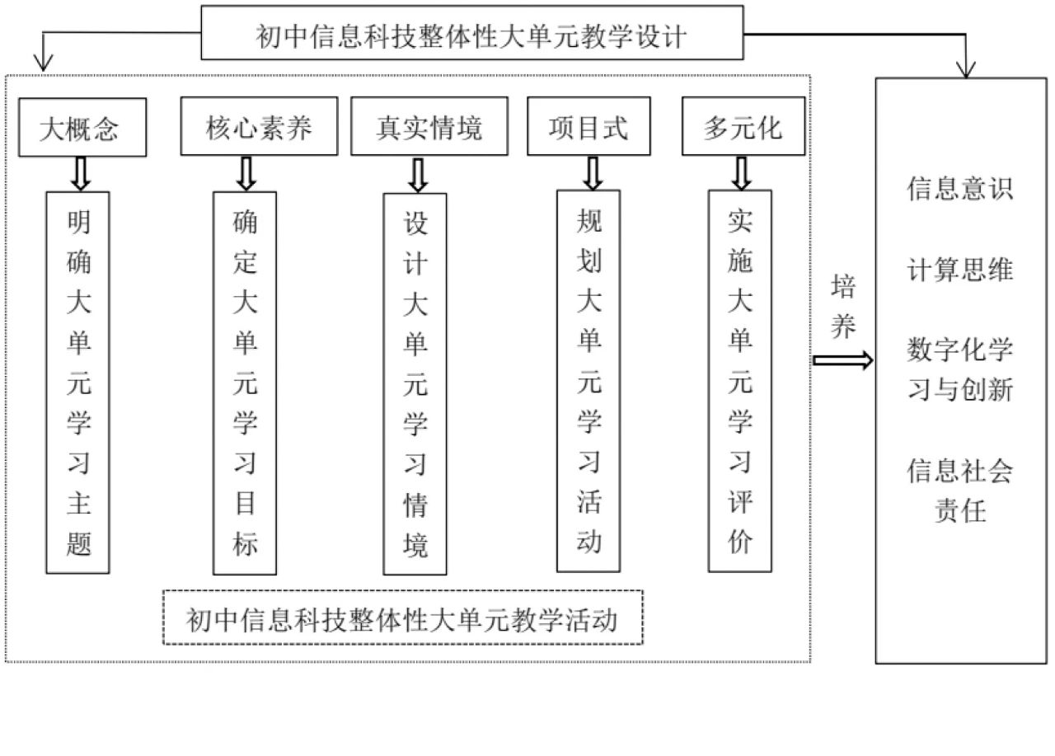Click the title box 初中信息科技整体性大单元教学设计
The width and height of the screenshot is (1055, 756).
471,33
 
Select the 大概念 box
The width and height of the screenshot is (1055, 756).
82,128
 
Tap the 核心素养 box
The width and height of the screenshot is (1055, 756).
259,127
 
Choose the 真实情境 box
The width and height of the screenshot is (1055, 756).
429,127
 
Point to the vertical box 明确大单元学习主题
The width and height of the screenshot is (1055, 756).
78,382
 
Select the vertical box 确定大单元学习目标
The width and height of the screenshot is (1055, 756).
245,383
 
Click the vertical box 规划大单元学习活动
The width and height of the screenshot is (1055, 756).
588,381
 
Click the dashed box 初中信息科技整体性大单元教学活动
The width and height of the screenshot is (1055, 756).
402,617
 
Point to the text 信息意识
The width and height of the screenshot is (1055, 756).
959,189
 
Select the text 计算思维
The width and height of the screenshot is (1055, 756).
959,270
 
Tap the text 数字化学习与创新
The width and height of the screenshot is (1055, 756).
959,369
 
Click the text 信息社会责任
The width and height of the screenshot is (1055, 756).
959,491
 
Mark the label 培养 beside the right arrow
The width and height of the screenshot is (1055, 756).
843,307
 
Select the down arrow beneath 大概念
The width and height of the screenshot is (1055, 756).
80,173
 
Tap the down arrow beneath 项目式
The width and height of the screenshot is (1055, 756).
591,172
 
